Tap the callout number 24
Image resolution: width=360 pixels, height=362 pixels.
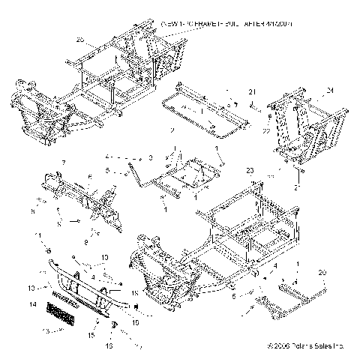(328, 91)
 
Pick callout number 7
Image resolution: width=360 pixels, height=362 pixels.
(64, 163)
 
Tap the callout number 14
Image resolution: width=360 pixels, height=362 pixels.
(31, 304)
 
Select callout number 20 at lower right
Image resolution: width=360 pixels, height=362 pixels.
(323, 272)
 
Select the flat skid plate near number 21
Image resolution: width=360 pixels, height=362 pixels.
(206, 112)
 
